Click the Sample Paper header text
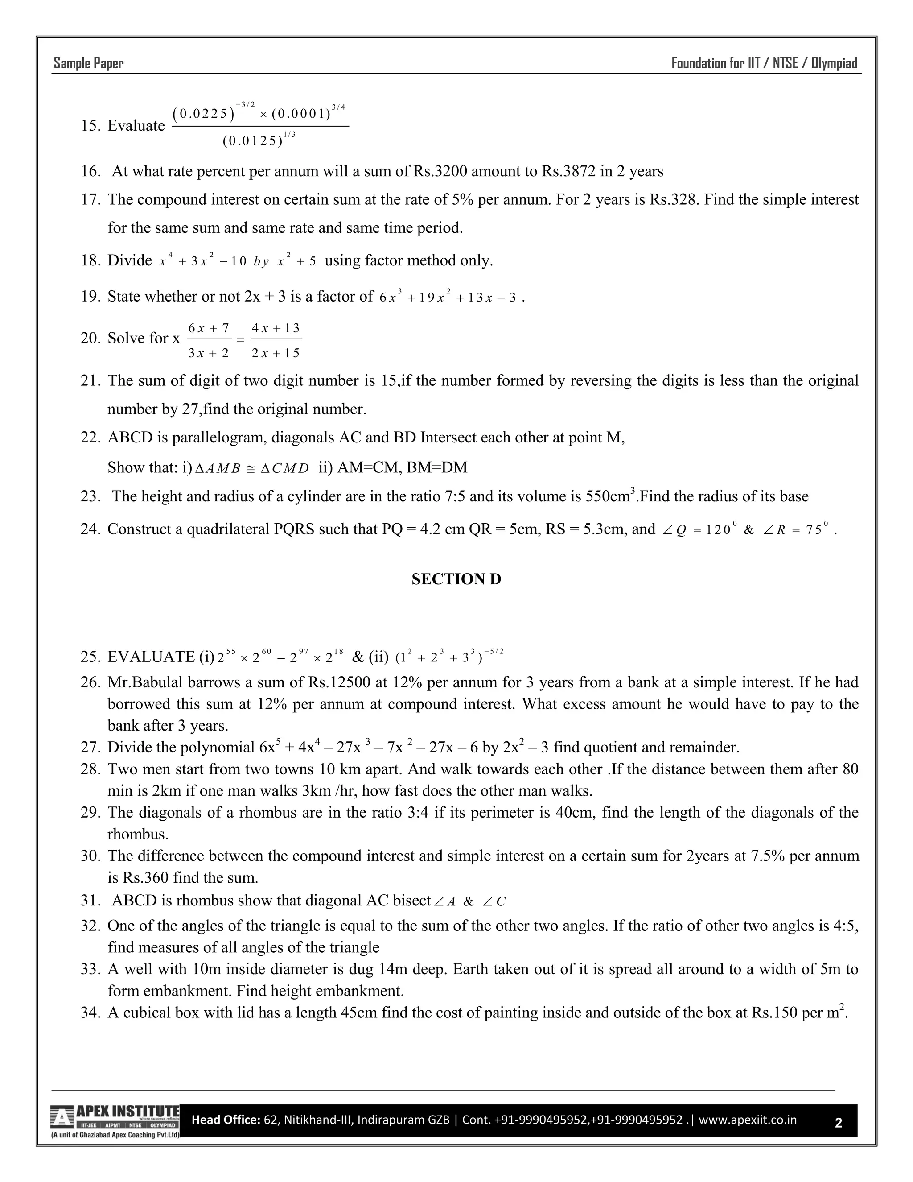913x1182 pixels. point(88,63)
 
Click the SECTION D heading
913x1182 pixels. point(456,579)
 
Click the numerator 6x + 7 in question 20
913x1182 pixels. point(209,328)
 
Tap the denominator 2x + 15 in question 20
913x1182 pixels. point(276,353)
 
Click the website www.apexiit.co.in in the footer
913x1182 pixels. point(748,1119)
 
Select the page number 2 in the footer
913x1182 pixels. point(839,1123)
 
